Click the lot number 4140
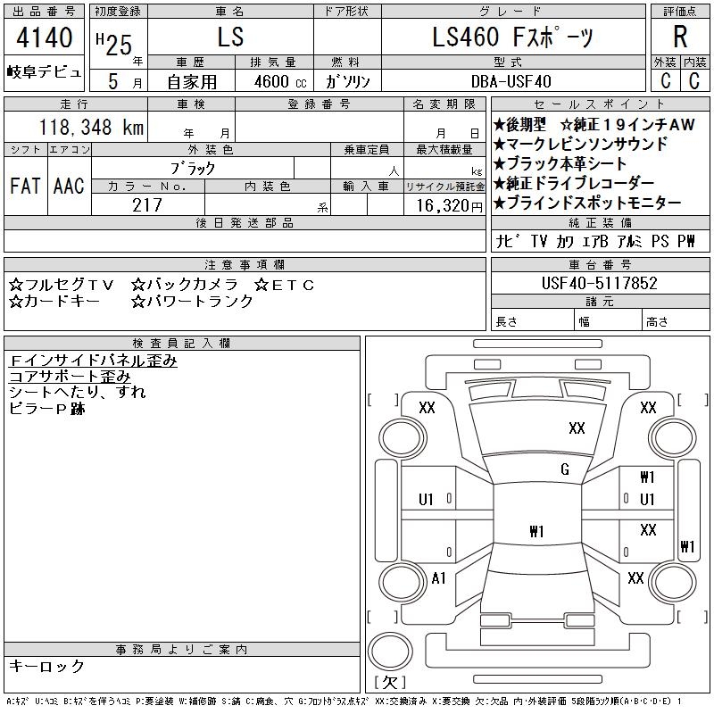click(x=44, y=37)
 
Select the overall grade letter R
click(x=680, y=37)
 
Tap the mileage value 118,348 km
click(x=91, y=127)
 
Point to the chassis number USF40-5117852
click(x=599, y=283)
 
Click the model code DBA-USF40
click(x=511, y=81)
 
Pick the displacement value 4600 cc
click(x=280, y=81)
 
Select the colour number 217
click(x=147, y=205)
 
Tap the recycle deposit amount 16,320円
click(x=450, y=206)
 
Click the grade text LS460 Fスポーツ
click(x=512, y=37)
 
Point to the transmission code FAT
click(x=25, y=186)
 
